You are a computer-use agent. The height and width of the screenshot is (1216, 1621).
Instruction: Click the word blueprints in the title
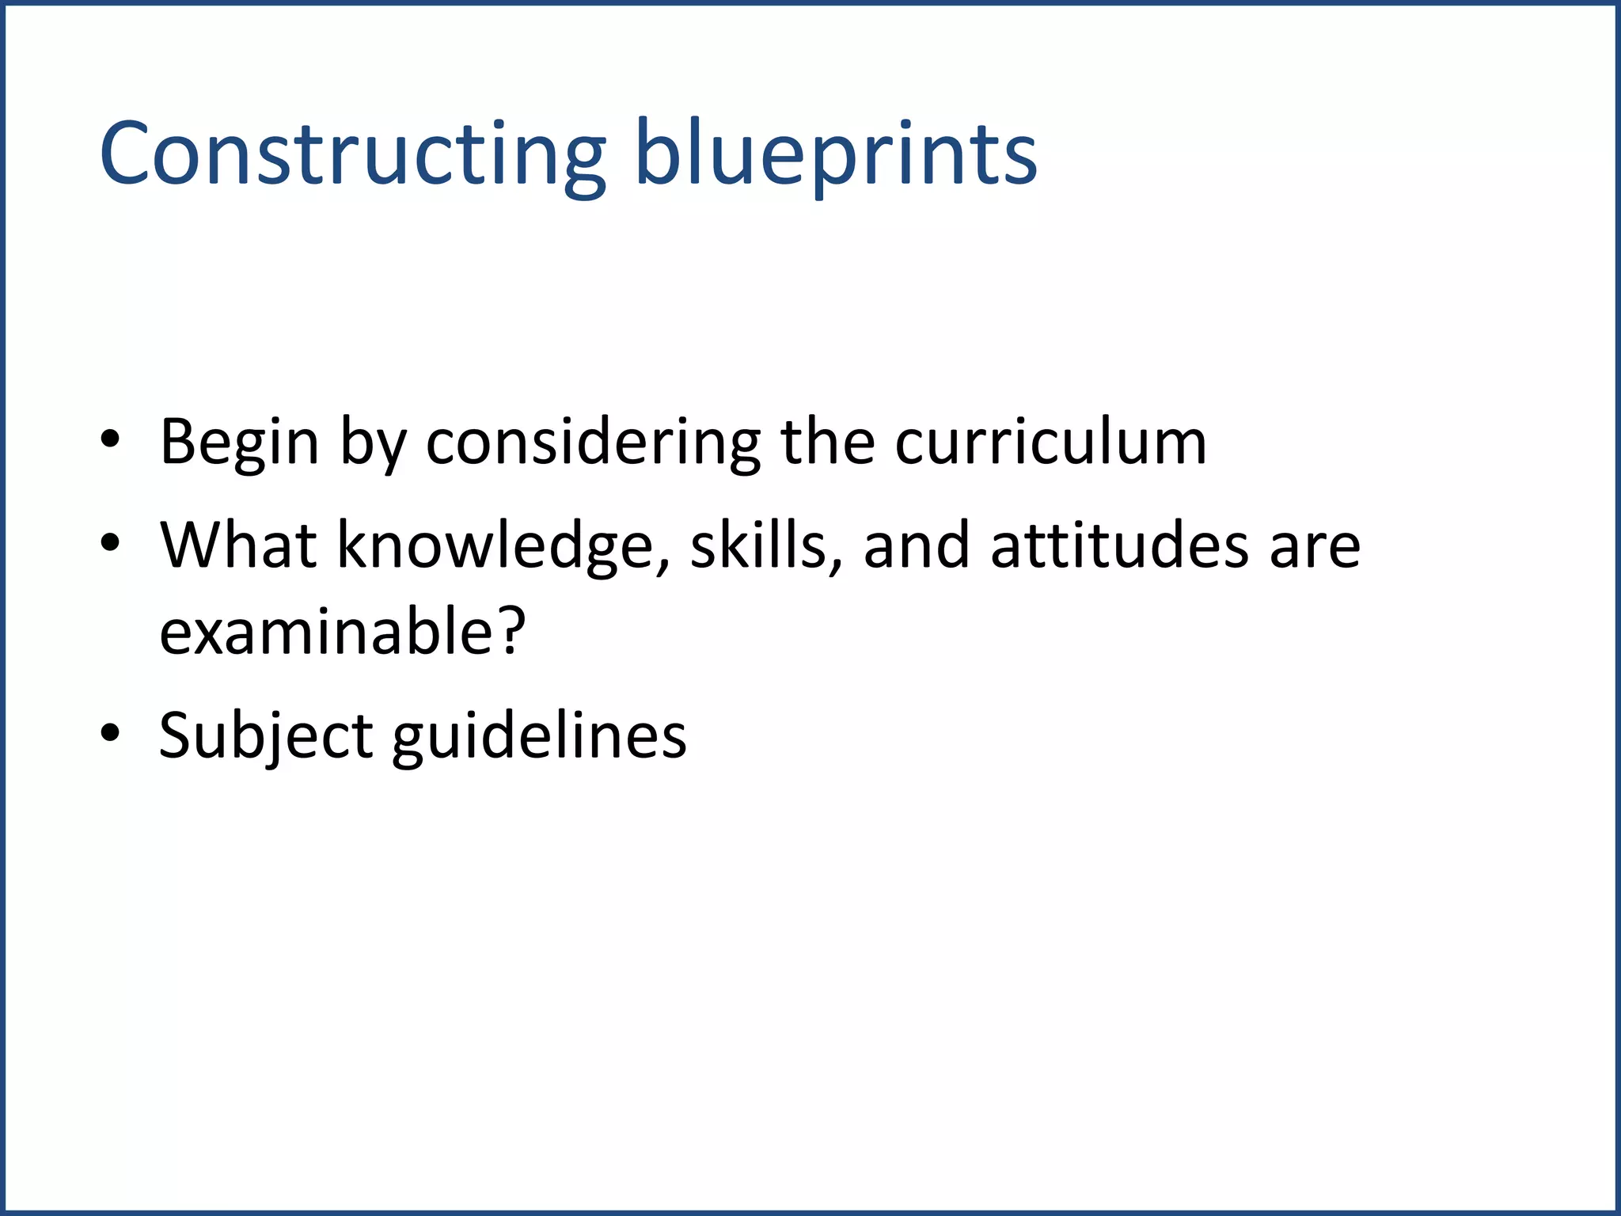coord(835,154)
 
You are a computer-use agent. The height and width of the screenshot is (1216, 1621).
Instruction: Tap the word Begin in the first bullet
coord(239,442)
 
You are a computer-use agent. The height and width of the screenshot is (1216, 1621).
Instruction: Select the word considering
coord(593,442)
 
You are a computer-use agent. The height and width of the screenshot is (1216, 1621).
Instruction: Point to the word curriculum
coord(1050,442)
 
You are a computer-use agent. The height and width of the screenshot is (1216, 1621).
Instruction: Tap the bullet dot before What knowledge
coord(110,542)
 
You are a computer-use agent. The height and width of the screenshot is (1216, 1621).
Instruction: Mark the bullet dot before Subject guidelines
coord(110,732)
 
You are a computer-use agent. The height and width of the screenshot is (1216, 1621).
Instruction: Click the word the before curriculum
coord(827,442)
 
